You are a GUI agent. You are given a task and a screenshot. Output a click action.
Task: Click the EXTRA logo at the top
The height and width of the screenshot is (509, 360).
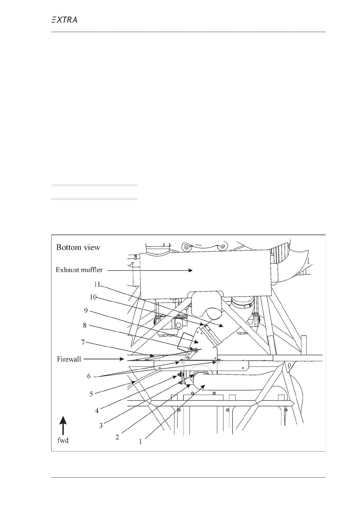[x=64, y=20]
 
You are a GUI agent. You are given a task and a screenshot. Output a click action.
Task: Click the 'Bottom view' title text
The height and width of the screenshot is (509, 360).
[x=78, y=248]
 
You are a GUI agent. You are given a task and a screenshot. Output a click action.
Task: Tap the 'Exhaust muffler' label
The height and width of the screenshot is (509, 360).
[x=79, y=270]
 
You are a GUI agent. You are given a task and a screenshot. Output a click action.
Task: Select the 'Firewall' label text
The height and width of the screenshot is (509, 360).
[x=69, y=359]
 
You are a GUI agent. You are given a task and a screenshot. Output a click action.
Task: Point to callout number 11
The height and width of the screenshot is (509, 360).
[x=97, y=284]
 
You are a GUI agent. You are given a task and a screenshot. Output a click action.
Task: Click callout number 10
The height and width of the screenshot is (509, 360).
[x=93, y=297]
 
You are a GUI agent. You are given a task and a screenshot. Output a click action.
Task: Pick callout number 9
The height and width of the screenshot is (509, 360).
[x=86, y=311]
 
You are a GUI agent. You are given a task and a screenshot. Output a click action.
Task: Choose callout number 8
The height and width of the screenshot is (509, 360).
[x=85, y=326]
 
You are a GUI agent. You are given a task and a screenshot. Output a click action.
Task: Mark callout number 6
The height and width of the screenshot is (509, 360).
[x=89, y=376]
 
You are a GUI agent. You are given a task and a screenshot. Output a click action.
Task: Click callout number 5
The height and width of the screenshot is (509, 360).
[x=91, y=394]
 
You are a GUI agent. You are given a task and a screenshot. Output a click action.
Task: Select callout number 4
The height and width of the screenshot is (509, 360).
[x=97, y=411]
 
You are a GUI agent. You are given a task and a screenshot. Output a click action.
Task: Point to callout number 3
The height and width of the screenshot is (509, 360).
[x=101, y=426]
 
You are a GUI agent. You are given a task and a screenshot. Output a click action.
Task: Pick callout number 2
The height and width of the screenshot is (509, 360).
[x=117, y=437]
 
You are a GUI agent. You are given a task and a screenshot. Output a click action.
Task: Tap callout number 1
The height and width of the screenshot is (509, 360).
[x=140, y=442]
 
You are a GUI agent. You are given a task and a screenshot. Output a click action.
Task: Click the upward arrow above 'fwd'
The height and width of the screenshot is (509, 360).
[x=63, y=425]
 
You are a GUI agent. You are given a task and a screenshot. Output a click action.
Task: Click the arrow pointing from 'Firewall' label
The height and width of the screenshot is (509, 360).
[x=103, y=359]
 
